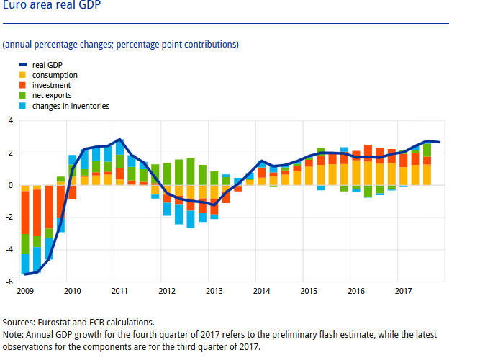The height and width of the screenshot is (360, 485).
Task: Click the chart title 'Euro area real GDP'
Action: pyautogui.click(x=52, y=4)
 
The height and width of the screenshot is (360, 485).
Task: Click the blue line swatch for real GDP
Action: pyautogui.click(x=23, y=65)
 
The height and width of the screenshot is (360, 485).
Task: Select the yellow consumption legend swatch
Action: pyautogui.click(x=22, y=75)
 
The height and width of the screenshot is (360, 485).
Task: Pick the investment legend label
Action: pyautogui.click(x=51, y=85)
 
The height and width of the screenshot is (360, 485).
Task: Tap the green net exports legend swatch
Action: pyautogui.click(x=22, y=95)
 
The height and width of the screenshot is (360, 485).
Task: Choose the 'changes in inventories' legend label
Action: pyautogui.click(x=71, y=106)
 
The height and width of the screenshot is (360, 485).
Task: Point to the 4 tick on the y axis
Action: pyautogui.click(x=11, y=120)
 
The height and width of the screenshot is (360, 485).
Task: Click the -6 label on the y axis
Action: pyautogui.click(x=9, y=282)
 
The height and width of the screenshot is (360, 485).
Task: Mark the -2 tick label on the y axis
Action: pyautogui.click(x=9, y=217)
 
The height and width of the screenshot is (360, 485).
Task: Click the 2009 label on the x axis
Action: pyautogui.click(x=25, y=291)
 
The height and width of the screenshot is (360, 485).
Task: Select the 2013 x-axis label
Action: pyautogui.click(x=214, y=291)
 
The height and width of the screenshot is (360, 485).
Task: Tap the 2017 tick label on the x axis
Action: pyautogui.click(x=404, y=291)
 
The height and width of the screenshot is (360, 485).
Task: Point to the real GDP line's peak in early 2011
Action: pyautogui.click(x=119, y=140)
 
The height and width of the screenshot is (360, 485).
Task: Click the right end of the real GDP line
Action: pyautogui.click(x=439, y=142)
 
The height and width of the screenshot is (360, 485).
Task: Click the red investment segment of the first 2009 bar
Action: pyautogui.click(x=25, y=212)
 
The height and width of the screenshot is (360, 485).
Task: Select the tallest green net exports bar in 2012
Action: pyautogui.click(x=191, y=172)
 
